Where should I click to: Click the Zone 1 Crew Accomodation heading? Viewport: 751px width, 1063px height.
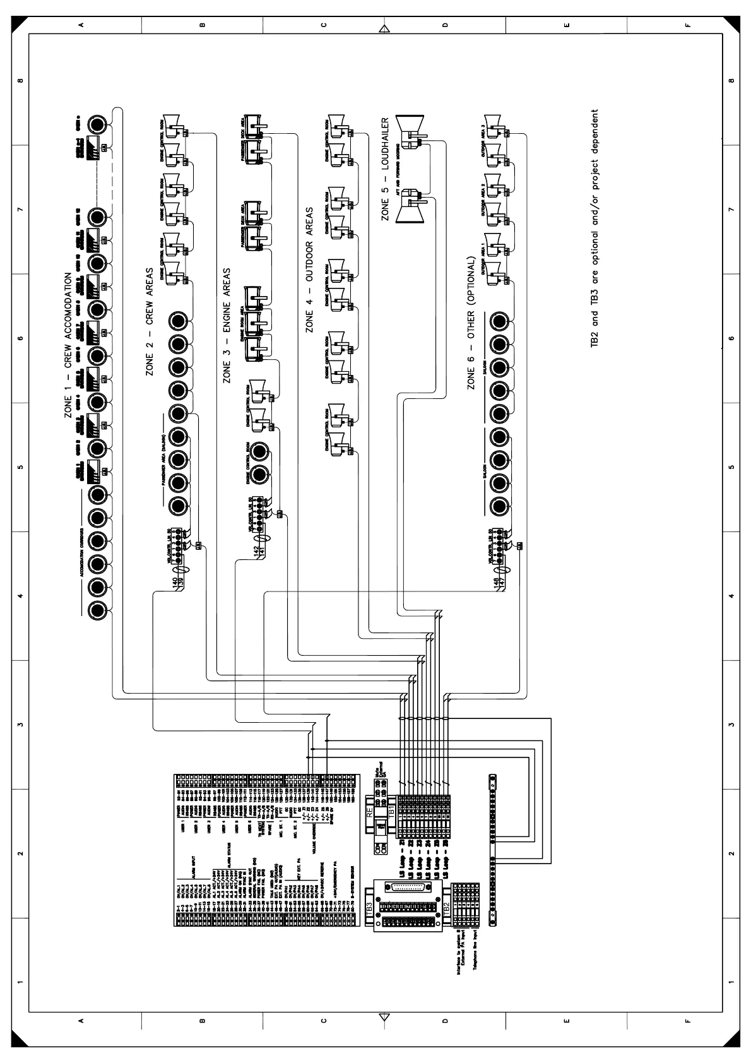68,346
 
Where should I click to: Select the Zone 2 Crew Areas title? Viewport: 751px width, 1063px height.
150,330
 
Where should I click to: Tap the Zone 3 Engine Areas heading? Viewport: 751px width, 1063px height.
227,325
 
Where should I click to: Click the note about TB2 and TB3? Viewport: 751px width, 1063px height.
594,230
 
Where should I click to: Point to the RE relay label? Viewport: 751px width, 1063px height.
370,813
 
